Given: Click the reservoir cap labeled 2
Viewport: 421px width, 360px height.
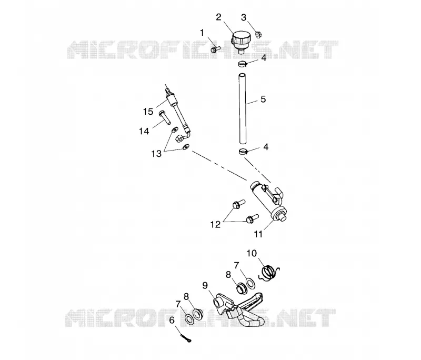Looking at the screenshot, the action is point(241,41).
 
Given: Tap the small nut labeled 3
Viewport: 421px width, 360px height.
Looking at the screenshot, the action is point(258,34).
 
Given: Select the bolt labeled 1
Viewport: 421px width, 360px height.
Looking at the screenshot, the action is point(216,49).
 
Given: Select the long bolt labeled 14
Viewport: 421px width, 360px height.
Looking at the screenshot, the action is point(164,117).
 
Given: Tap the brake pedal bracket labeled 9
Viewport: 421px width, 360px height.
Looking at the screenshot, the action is point(238,309).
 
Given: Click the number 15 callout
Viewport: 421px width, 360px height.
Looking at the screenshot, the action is point(148,112).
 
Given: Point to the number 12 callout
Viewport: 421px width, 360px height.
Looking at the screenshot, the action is point(215,224).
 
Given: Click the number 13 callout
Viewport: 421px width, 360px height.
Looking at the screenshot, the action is point(156,154).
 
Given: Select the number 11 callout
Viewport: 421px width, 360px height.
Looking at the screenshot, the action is point(258,234).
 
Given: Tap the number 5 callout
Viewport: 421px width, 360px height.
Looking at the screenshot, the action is point(263,99).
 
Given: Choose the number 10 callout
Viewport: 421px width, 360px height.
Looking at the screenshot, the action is point(252,253).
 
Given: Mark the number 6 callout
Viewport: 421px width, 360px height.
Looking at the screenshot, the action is point(172,320).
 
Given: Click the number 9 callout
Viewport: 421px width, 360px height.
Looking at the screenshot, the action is point(205,285).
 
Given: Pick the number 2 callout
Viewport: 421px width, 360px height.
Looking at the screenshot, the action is point(218,17).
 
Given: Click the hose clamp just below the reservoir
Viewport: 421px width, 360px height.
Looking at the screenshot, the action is point(243,64).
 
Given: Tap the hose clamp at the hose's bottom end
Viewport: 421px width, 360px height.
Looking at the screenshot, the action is point(243,152).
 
